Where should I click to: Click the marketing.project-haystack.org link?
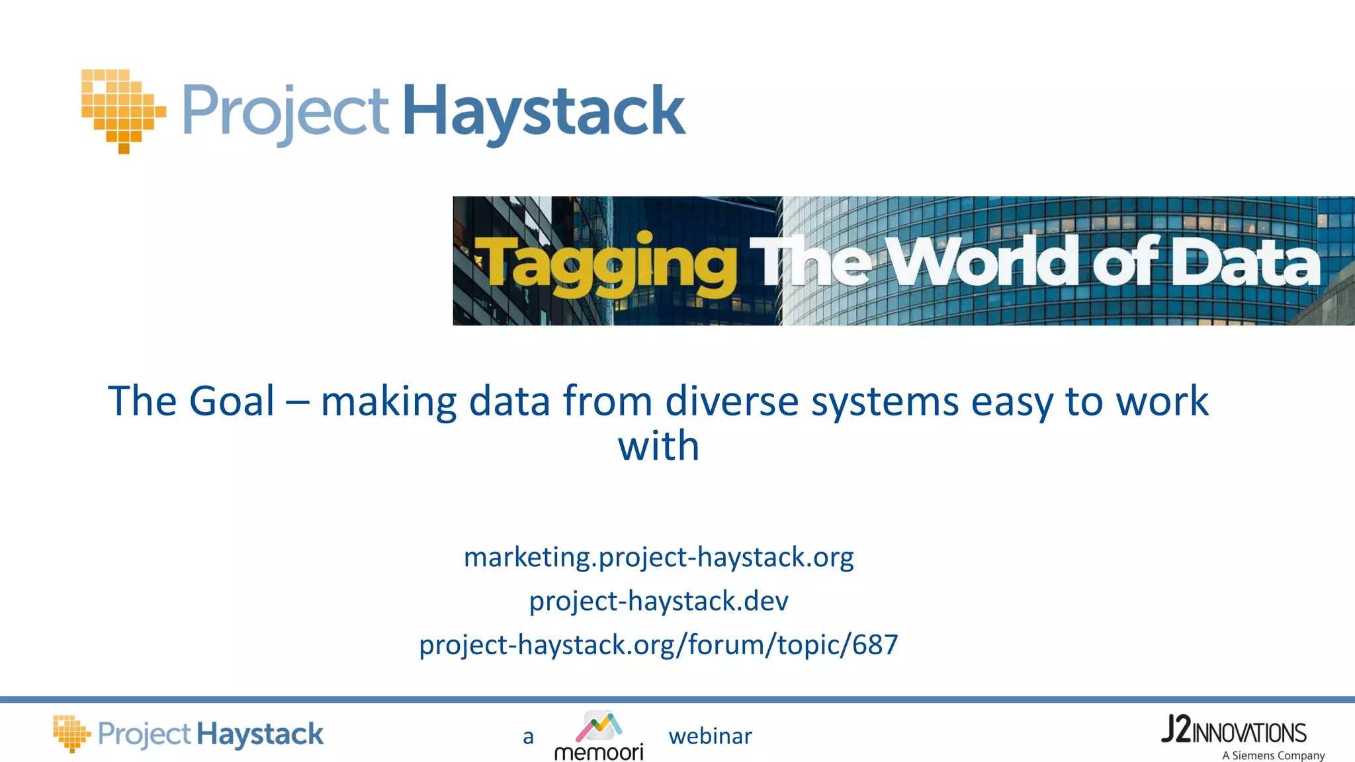(658, 557)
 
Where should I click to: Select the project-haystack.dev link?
(658, 601)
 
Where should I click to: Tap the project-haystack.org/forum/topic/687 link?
(658, 644)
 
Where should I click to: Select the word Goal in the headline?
(232, 401)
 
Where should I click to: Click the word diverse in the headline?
(732, 401)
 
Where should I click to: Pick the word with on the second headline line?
(658, 446)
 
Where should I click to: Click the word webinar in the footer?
(710, 736)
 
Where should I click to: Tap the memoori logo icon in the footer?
(599, 726)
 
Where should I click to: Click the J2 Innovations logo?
(1234, 731)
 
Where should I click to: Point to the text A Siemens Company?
(1273, 755)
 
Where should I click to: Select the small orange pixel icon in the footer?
(71, 733)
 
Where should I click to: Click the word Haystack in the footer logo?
(260, 735)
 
